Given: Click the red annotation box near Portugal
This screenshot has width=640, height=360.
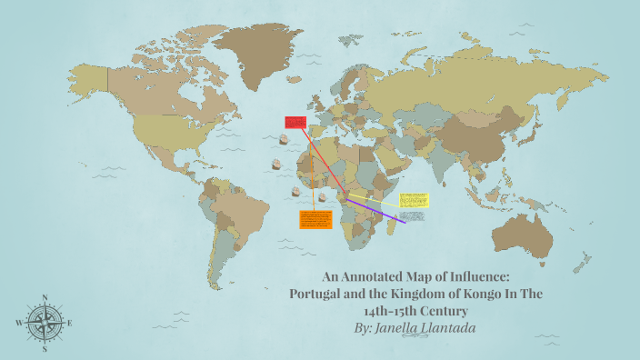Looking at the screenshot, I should point(295,122).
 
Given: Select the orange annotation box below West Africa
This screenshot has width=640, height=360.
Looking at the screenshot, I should point(314,219).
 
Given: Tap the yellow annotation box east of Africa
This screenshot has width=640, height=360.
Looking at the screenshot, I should point(413,199).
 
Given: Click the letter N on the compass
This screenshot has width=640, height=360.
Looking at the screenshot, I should point(45,297).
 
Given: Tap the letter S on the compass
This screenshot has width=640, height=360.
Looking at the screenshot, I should point(45,347).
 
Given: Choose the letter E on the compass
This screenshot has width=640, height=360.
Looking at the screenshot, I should point(70,323).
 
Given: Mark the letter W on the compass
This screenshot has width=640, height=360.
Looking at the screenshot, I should point(19,323).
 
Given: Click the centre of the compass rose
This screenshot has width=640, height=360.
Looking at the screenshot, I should point(45,323).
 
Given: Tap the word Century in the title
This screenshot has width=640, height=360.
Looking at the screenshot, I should point(459,310).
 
